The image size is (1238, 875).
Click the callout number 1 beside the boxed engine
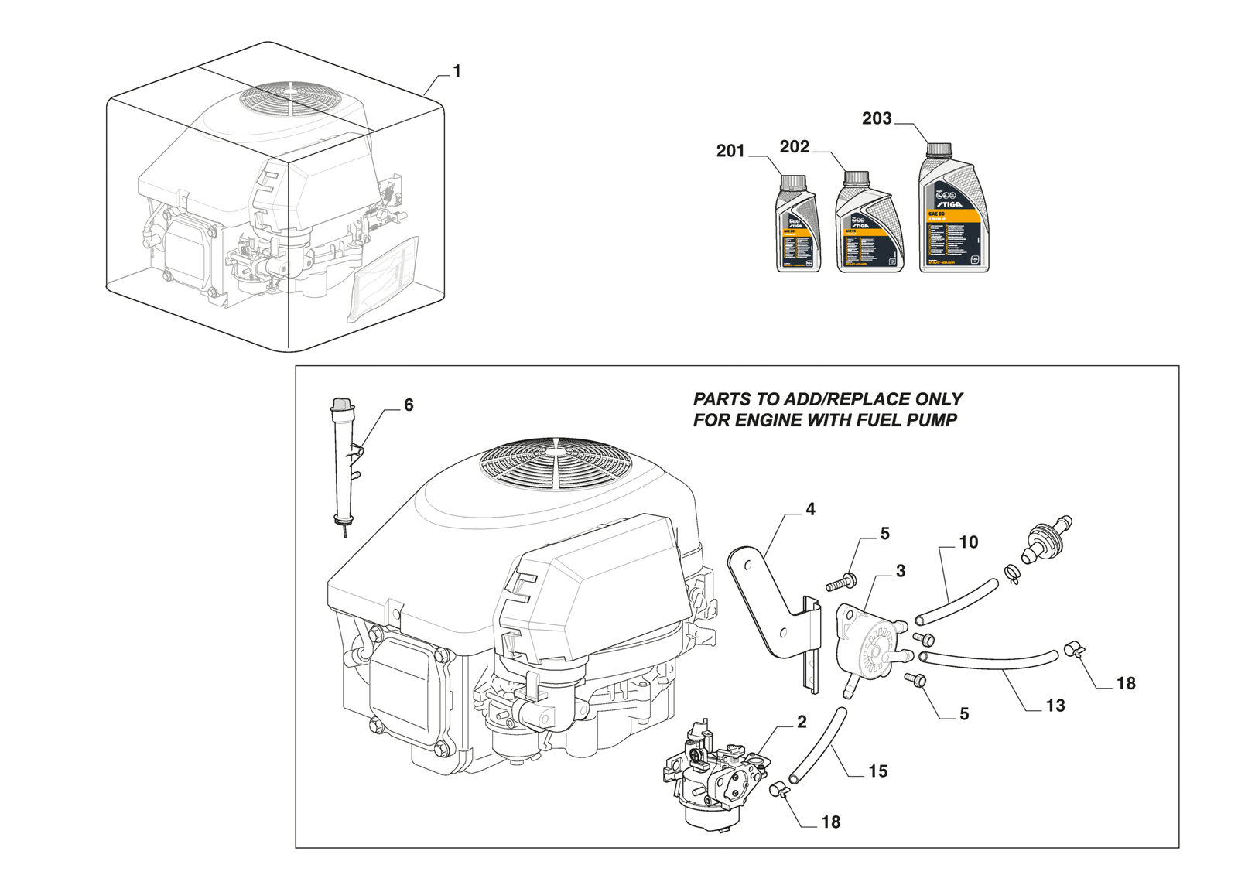coord(457,71)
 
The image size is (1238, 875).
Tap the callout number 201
coord(730,151)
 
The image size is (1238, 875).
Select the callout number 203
coord(877,118)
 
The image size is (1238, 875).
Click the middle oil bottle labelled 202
coord(869,228)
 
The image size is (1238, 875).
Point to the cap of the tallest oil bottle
coord(939,149)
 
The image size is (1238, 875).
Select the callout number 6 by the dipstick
coord(409,405)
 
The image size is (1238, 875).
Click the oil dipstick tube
coord(342,464)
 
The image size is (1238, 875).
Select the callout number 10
coord(968,542)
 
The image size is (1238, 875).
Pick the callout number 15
coord(877,771)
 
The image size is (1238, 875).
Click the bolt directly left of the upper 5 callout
coord(840,582)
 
